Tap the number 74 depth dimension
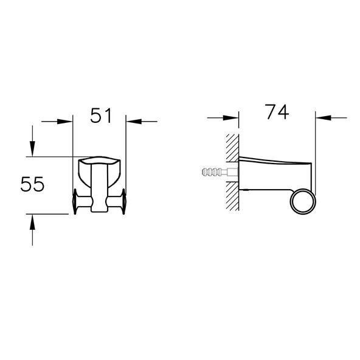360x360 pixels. [276, 112]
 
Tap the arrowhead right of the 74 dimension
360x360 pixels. [323, 117]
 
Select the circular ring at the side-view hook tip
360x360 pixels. [302, 202]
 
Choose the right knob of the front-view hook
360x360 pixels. [124, 202]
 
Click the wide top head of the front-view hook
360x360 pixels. [100, 164]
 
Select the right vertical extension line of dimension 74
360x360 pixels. [316, 146]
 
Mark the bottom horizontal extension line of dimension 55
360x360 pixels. [49, 214]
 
